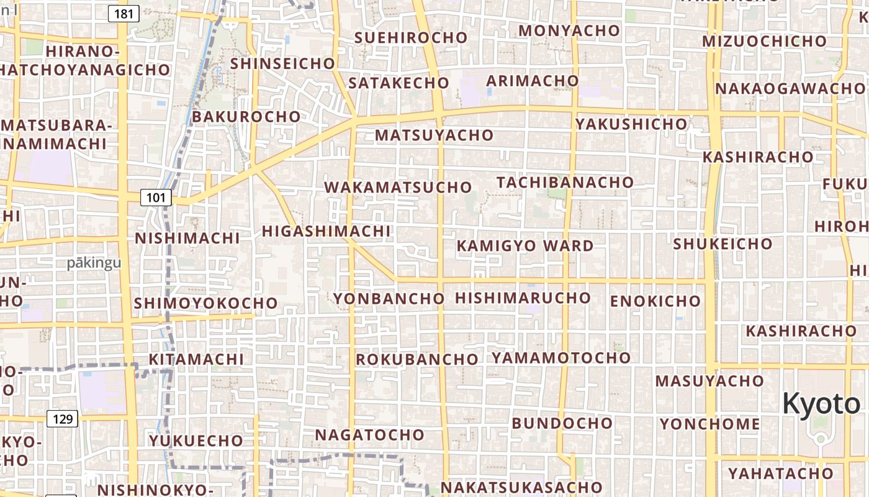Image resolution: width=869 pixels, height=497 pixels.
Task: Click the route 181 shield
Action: (x=124, y=13)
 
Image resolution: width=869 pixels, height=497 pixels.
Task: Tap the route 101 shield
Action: (x=156, y=198)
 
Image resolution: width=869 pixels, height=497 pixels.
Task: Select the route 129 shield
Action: (x=63, y=419)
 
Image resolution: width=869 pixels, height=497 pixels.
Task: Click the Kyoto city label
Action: (x=821, y=404)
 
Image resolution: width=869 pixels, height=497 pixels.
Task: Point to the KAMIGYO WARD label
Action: (x=525, y=246)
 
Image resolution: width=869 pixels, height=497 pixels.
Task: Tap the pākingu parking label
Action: (x=94, y=263)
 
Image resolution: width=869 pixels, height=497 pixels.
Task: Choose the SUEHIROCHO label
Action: (x=410, y=37)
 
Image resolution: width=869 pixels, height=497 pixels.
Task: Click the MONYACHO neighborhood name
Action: (x=569, y=30)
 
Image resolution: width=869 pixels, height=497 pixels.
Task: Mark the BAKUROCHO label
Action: (x=246, y=117)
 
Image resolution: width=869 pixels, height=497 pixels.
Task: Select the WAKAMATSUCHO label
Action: (x=398, y=187)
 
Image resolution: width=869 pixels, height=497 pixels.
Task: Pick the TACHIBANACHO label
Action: (x=565, y=182)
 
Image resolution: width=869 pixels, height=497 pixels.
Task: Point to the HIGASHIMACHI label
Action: (x=326, y=231)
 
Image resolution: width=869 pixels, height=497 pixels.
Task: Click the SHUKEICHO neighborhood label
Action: (x=723, y=244)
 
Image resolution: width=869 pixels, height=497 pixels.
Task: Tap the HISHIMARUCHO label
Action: (x=523, y=298)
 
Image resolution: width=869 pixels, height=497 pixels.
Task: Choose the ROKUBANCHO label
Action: (x=416, y=359)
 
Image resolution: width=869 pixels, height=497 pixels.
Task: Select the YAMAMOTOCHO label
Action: (x=561, y=357)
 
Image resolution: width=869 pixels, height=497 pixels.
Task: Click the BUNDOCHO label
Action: (x=562, y=423)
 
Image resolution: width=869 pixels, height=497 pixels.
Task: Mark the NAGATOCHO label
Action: (x=369, y=434)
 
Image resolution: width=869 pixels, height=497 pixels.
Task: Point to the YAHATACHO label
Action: (x=780, y=473)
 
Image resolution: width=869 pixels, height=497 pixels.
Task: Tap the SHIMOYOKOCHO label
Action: (x=205, y=303)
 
